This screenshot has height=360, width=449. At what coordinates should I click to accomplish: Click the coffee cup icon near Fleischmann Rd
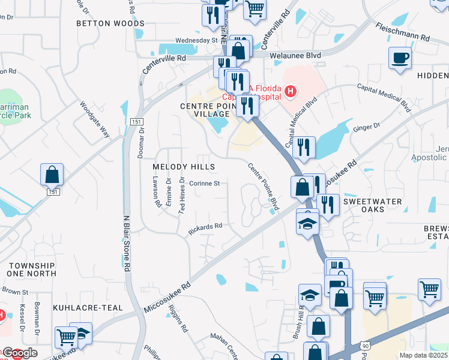400,58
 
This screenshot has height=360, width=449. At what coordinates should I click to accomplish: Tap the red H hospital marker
291,92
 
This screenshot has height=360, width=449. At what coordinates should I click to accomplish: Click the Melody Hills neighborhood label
184,166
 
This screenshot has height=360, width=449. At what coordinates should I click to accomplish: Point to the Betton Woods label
110,23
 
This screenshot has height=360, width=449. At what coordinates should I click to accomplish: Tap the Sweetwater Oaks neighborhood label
372,206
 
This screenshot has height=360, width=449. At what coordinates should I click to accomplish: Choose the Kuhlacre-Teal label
88,308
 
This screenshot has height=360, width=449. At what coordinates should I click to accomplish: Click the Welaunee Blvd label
295,55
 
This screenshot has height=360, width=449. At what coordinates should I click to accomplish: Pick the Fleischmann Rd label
403,31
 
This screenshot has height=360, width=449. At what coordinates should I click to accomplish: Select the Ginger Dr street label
369,128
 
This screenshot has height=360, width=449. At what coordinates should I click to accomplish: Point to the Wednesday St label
196,41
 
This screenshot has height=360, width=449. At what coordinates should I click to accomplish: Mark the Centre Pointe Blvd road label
264,187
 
